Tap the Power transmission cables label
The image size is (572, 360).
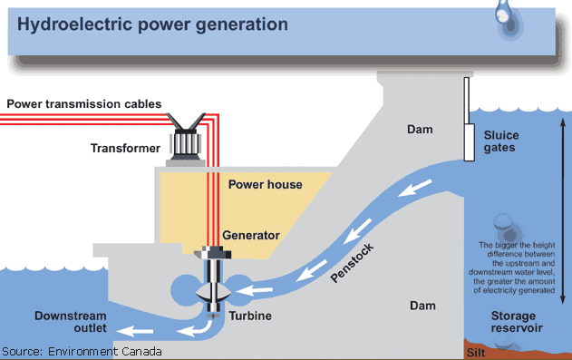point(84,103)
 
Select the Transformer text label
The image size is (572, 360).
point(123,147)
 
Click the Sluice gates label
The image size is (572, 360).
point(501,141)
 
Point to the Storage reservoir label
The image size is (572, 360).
point(513,322)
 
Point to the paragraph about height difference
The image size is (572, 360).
point(514,268)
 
